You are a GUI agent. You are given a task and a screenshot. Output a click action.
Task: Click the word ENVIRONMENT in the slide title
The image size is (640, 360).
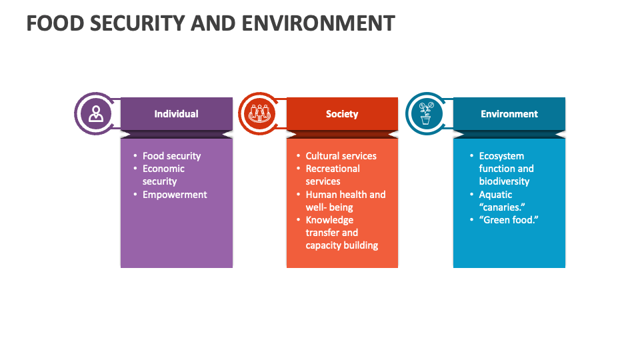318,23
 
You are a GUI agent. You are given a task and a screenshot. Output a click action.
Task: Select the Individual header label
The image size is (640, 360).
176,114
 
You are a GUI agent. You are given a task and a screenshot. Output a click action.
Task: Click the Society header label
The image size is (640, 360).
342,114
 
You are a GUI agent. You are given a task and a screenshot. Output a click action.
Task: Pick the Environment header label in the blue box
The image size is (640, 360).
509,114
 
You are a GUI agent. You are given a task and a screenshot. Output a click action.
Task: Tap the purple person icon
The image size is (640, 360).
96,114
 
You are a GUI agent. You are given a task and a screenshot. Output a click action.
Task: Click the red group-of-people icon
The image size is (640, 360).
261,114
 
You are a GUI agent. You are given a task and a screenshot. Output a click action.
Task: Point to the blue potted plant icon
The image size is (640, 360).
425,114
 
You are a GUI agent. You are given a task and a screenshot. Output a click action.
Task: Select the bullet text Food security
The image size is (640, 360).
171,156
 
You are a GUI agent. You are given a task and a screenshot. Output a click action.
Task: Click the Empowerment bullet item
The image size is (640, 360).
175,195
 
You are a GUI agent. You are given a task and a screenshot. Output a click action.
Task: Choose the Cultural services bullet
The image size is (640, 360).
341,156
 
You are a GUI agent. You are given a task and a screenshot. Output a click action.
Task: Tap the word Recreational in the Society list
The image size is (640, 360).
333,169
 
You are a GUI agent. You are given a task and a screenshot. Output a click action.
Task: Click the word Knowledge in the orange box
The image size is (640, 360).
329,220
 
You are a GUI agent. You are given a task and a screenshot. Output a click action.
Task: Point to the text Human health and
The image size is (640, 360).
345,195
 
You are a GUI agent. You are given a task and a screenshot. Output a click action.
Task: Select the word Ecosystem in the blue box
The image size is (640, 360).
501,156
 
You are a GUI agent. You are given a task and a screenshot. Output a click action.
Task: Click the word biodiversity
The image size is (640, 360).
504,181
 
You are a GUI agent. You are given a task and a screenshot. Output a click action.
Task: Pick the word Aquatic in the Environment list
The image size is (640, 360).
495,195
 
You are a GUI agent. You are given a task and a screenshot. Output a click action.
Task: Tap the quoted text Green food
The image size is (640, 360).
508,220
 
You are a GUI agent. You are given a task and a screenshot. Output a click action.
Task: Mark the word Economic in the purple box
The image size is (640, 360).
163,169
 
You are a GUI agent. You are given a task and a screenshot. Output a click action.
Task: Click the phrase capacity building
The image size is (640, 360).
342,245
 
